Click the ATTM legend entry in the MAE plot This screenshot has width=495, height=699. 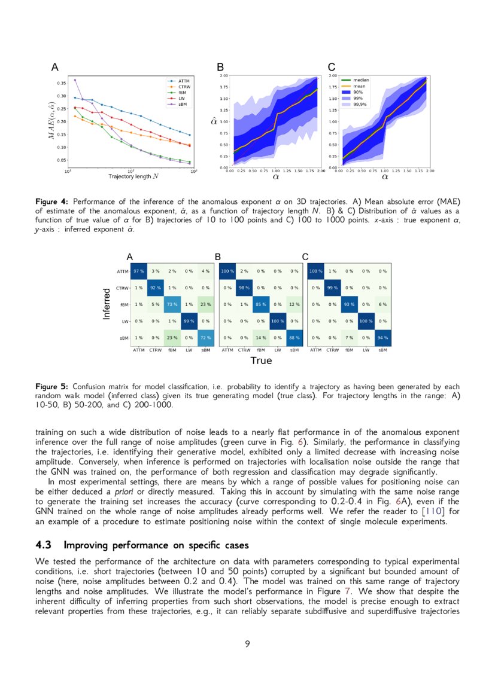coord(181,80)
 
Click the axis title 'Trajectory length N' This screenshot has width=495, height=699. coord(133,176)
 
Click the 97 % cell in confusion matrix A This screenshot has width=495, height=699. coord(139,271)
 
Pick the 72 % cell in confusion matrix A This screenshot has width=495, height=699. coord(205,337)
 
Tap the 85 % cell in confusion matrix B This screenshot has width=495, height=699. coord(261,304)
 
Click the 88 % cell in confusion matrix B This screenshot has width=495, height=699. coord(294,337)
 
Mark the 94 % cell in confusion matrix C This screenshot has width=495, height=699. coord(382,337)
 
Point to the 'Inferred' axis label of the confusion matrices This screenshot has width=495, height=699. coord(107,304)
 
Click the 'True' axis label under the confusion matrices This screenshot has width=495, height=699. coord(261,361)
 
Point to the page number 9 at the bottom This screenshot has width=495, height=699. coord(247,643)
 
